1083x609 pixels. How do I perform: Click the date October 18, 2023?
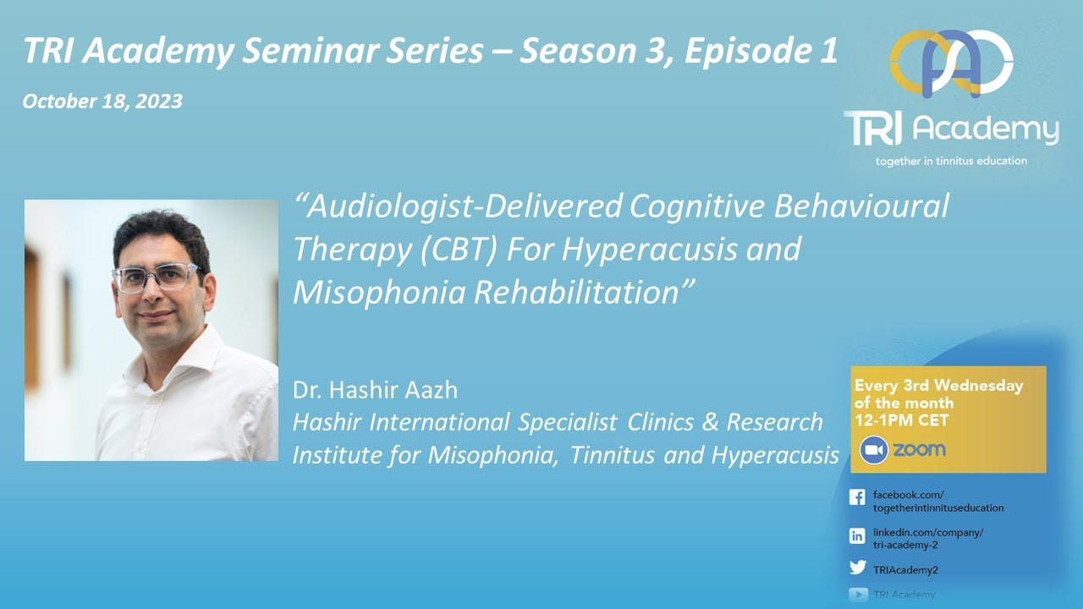(x=102, y=101)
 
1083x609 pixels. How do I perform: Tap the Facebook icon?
(x=857, y=498)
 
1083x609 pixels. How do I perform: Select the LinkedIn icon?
(x=857, y=535)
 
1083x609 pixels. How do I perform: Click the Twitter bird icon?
(x=857, y=568)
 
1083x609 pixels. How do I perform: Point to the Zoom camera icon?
(x=874, y=449)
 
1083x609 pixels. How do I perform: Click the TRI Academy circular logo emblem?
(x=951, y=64)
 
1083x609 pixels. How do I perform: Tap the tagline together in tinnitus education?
(x=951, y=161)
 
